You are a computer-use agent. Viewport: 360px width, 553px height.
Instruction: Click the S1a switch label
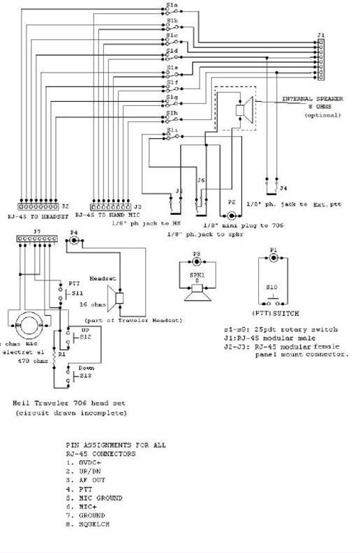coord(172,5)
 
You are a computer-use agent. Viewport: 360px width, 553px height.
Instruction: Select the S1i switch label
coord(172,130)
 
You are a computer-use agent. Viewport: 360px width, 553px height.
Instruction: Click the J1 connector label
coord(321,34)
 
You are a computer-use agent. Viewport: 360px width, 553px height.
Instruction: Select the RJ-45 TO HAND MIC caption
coord(103,216)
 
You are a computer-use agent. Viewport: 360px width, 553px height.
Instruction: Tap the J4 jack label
coord(282,188)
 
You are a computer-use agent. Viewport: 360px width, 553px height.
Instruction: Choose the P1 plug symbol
coord(274,255)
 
